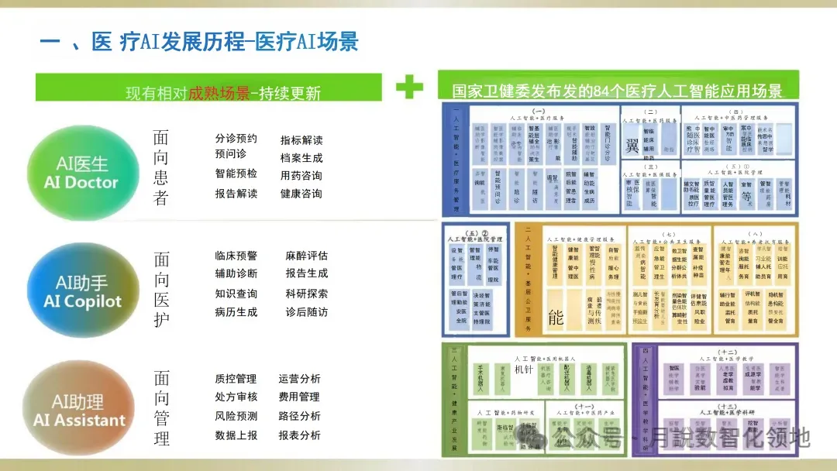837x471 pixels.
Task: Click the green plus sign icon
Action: click(409, 87)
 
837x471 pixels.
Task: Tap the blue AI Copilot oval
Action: click(82, 291)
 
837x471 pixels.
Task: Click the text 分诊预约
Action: click(236, 139)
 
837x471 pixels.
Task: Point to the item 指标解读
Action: click(301, 140)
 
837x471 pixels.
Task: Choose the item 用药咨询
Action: click(301, 176)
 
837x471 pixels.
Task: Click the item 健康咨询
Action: click(301, 194)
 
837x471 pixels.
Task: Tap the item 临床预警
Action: click(236, 256)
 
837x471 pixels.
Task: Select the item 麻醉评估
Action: click(306, 256)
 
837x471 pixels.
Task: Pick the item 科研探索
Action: click(306, 294)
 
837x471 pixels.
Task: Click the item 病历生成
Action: click(236, 312)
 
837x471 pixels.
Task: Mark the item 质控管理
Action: click(236, 379)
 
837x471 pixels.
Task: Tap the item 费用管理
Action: click(299, 397)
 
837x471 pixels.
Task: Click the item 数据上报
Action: click(236, 435)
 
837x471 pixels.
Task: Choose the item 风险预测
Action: click(236, 416)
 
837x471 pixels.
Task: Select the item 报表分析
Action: click(299, 435)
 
